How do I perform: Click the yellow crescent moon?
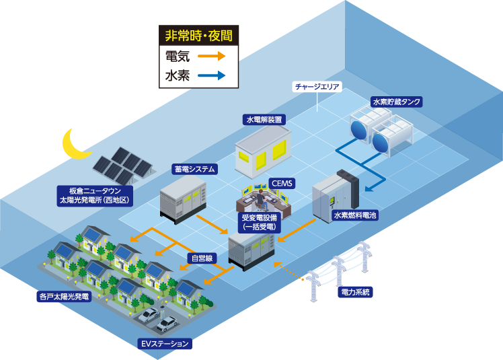click(75, 145)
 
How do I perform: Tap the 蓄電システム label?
click(194, 170)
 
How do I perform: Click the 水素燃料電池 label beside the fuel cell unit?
click(355, 216)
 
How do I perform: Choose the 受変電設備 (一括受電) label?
click(258, 222)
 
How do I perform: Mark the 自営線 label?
click(201, 258)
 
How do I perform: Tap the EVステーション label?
click(165, 344)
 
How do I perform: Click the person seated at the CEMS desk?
click(260, 199)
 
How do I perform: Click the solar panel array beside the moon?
click(121, 164)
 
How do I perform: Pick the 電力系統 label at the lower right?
click(356, 292)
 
